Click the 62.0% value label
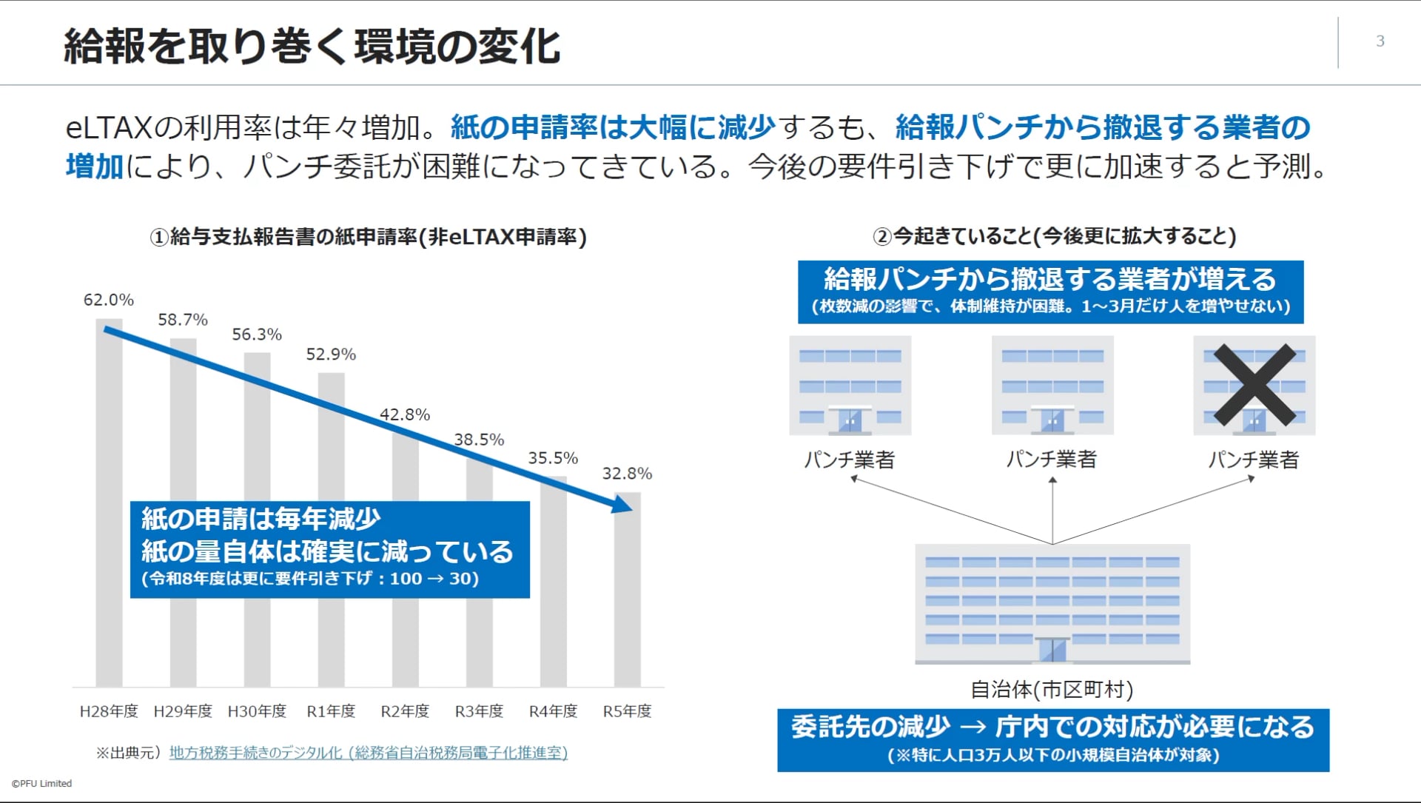109,300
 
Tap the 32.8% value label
627,474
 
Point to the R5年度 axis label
627,711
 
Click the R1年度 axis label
331,711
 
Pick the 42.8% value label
405,414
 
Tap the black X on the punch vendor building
1254,385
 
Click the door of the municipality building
1052,649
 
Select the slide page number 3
1380,41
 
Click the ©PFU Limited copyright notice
41,783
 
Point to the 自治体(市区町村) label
1052,690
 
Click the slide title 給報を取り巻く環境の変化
312,46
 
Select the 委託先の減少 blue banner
1052,739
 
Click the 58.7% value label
183,320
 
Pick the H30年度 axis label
257,711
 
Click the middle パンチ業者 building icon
1052,385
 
